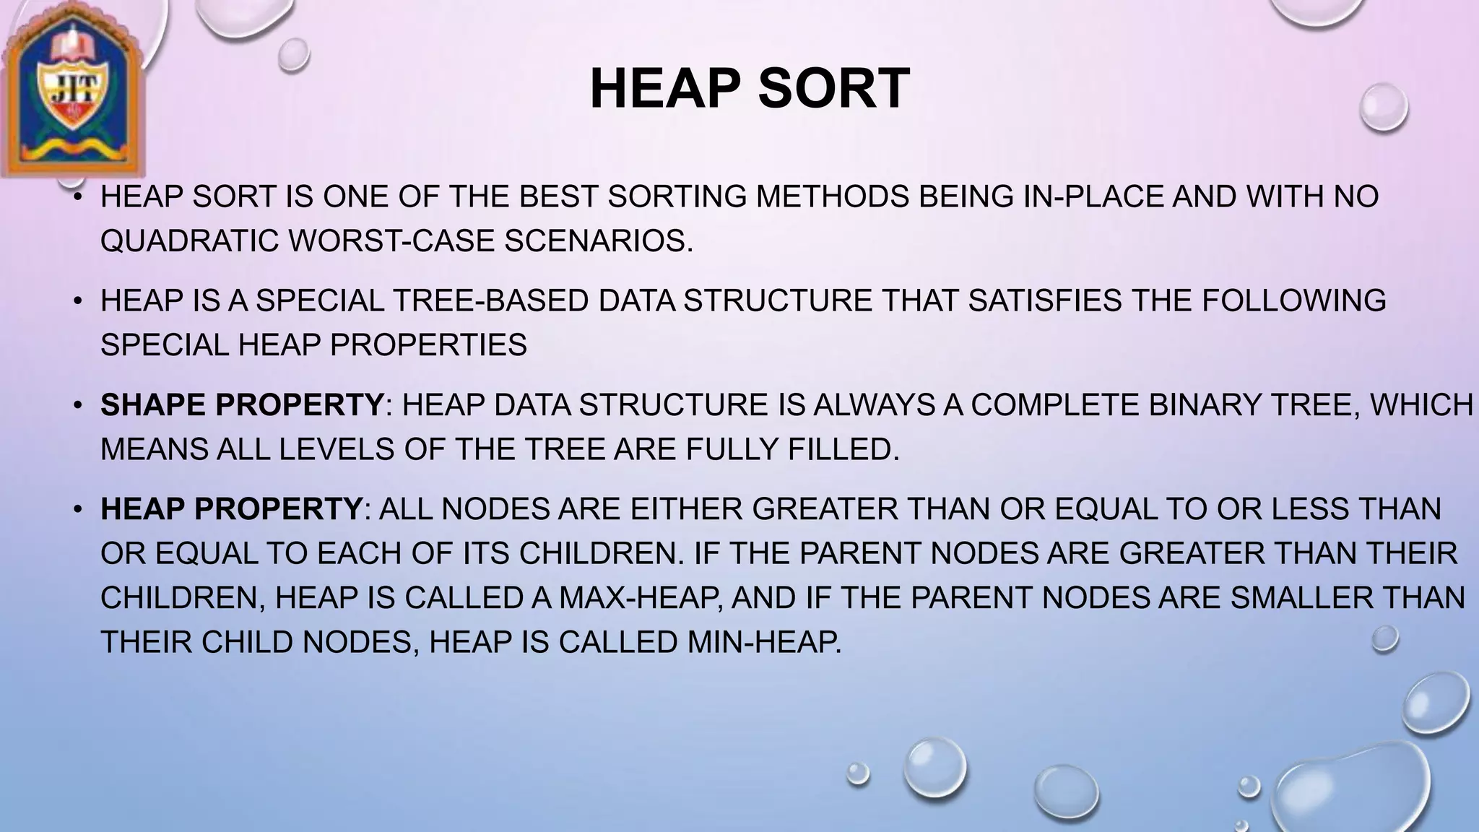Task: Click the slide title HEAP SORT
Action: pyautogui.click(x=749, y=88)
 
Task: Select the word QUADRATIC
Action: pyautogui.click(x=189, y=241)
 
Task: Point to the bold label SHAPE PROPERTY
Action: pyautogui.click(x=241, y=405)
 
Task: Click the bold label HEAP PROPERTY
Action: pyautogui.click(x=230, y=509)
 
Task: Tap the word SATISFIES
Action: pyautogui.click(x=1045, y=300)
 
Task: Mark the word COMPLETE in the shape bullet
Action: pyautogui.click(x=1055, y=405)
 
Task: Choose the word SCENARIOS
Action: pyautogui.click(x=598, y=241)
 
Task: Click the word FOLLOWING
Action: pyautogui.click(x=1293, y=300)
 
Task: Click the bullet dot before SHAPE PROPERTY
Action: pyautogui.click(x=78, y=405)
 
